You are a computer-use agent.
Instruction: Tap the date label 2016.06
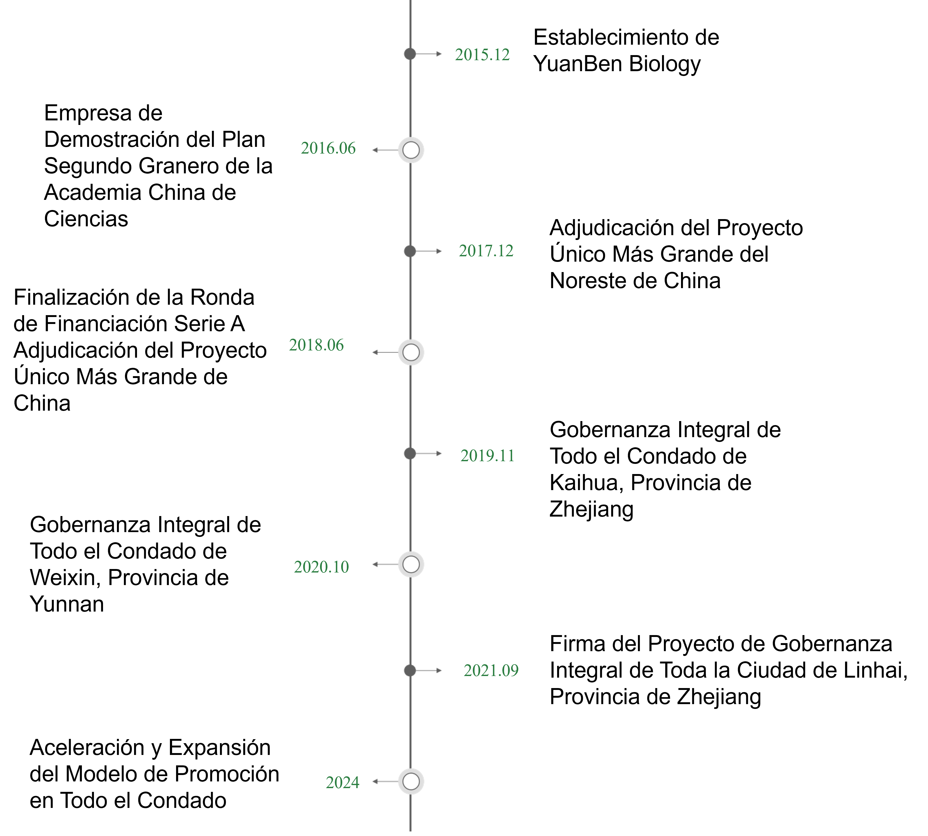coord(328,148)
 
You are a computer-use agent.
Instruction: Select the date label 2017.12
coord(486,251)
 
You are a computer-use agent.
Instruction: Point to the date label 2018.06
coord(316,345)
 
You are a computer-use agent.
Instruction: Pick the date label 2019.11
coord(488,456)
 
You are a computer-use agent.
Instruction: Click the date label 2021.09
coord(491,671)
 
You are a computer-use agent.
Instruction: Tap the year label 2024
coord(342,782)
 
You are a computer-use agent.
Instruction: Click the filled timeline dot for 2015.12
coord(410,54)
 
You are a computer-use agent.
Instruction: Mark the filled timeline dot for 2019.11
coord(410,453)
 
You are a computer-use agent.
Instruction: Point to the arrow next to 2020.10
coord(385,564)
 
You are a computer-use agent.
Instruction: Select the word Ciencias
coord(86,219)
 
